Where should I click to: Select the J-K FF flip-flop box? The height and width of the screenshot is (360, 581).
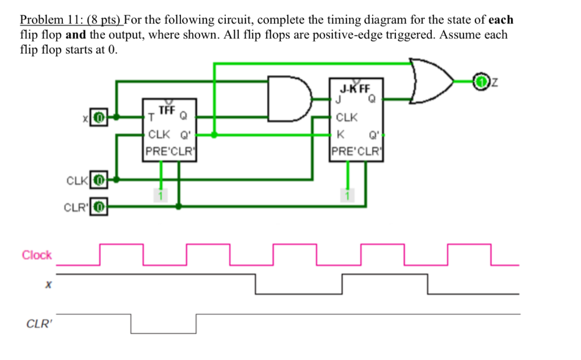(356, 120)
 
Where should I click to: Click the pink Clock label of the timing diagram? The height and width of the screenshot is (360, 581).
(37, 255)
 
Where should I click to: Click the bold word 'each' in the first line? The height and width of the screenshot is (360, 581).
(501, 20)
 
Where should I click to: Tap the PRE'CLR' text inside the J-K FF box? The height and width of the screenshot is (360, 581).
(356, 151)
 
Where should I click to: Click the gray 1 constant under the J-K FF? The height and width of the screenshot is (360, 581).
(347, 196)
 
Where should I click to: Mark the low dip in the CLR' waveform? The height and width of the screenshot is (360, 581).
(163, 332)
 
